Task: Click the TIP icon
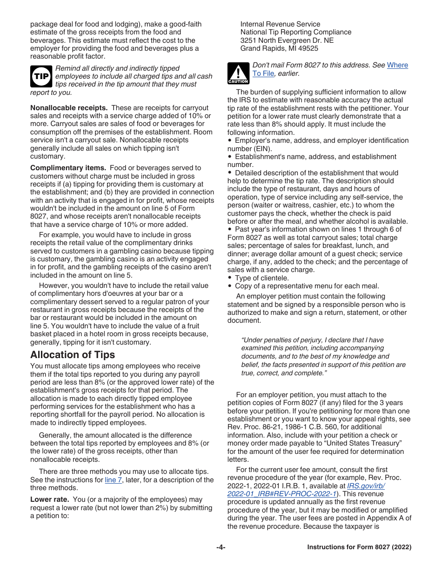click(x=41, y=76)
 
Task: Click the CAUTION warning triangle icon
click(x=238, y=73)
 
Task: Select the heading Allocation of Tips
click(x=73, y=354)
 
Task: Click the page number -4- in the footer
click(x=221, y=547)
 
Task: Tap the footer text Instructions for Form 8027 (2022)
click(x=359, y=547)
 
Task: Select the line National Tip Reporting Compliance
click(x=295, y=32)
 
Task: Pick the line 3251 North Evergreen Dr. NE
click(x=287, y=40)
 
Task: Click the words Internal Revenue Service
click(x=280, y=24)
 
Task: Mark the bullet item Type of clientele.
click(x=261, y=278)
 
